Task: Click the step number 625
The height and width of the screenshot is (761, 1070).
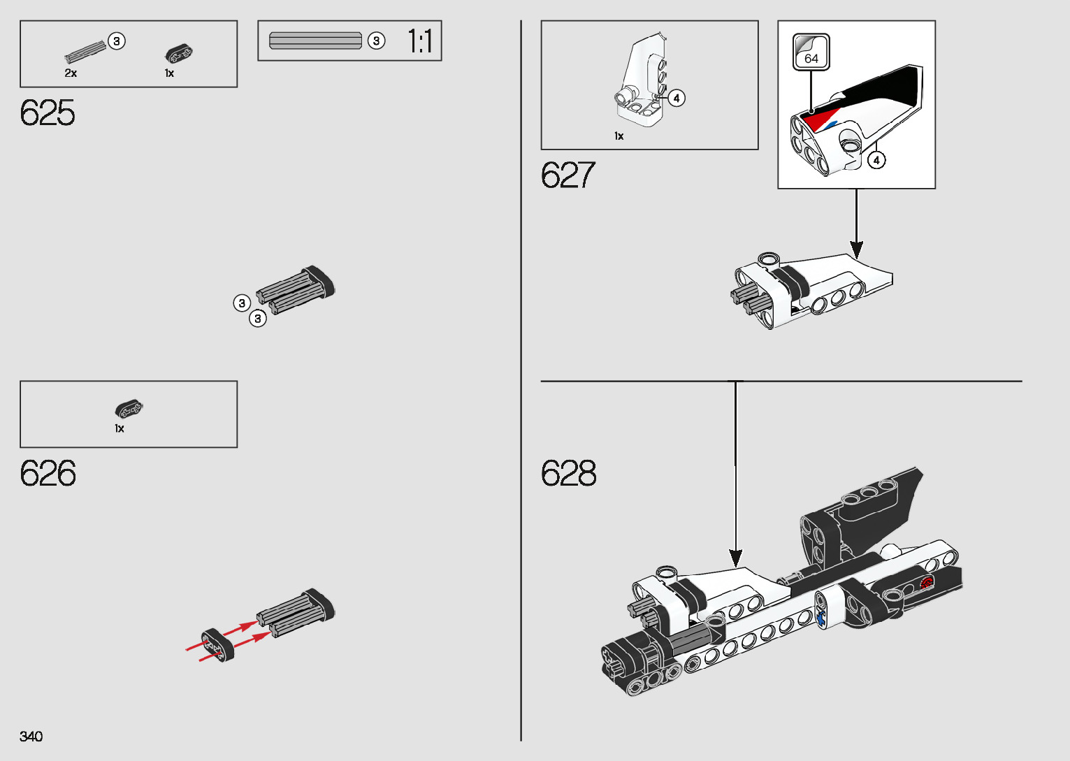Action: (48, 113)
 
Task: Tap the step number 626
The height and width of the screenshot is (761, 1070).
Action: (48, 473)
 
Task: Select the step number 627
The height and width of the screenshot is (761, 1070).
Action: (567, 175)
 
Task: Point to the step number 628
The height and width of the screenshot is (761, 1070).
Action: (568, 473)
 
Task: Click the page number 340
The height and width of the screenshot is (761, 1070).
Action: (31, 736)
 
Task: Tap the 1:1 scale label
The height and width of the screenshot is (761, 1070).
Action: (420, 41)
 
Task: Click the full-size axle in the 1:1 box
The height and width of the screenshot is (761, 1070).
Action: (315, 41)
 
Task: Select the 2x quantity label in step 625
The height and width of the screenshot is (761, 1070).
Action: (71, 73)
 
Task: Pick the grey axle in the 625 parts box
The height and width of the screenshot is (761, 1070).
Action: (85, 51)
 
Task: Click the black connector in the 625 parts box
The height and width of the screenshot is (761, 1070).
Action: (178, 53)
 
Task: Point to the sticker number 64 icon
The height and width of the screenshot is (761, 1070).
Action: (811, 52)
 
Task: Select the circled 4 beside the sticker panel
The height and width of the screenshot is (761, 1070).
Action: (876, 160)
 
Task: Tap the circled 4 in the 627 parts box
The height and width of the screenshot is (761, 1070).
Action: (676, 98)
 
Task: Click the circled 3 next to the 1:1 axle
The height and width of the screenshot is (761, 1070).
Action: (376, 41)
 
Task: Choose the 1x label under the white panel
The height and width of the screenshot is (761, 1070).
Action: (619, 136)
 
